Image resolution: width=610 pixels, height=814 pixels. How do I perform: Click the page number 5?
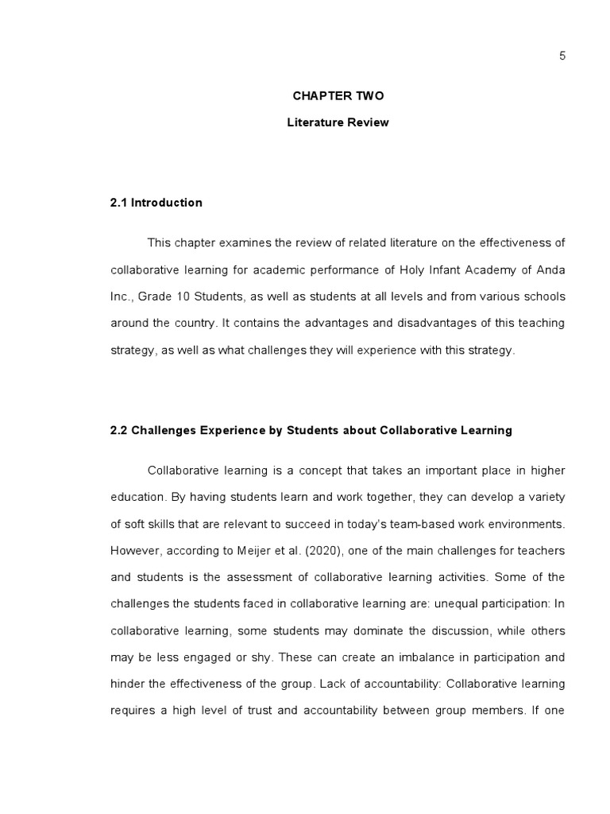pos(562,55)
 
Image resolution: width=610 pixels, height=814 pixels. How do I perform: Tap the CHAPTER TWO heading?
pos(338,95)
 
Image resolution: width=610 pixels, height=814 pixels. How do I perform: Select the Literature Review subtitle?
pos(338,122)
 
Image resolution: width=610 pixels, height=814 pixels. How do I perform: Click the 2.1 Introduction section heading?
pos(156,203)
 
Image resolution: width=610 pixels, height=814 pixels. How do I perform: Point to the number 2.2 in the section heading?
pos(118,430)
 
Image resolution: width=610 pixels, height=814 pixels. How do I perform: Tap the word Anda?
pos(552,269)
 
